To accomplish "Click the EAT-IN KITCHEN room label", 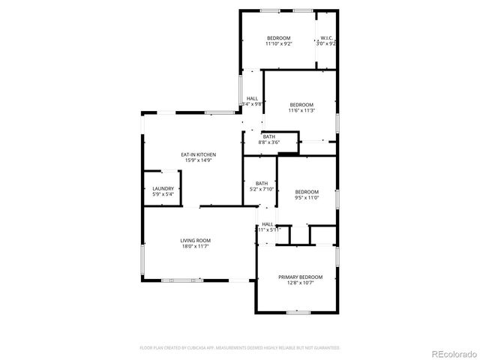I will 199,154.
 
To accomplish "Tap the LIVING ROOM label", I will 194,240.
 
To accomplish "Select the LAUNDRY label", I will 163,188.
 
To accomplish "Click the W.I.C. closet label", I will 326,38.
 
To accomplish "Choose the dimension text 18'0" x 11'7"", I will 194,246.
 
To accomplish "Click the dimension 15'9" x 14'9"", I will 199,160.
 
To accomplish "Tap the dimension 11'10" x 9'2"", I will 278,44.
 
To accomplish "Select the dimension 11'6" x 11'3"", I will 301,110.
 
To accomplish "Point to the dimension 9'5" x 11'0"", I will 307,197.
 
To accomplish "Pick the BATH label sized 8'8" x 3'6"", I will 268,136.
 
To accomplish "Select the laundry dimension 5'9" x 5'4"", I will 163,194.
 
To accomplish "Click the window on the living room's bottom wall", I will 181,280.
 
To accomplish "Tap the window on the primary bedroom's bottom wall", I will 298,311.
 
